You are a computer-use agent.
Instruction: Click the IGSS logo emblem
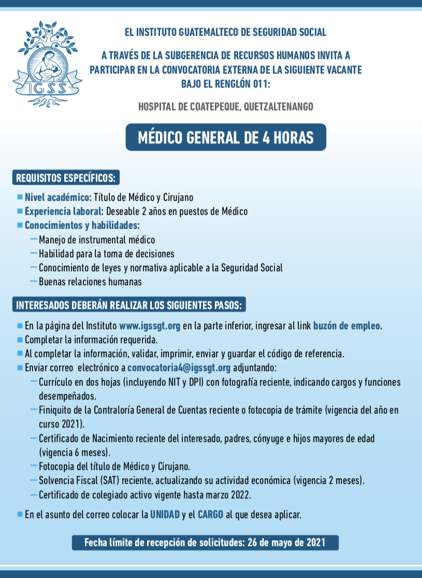point(47,64)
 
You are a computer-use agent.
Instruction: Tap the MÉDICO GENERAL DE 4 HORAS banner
point(226,138)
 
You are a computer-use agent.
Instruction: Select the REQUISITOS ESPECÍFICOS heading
point(66,178)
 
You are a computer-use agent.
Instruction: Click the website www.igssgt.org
point(149,327)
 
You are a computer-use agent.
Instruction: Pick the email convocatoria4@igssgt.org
point(179,368)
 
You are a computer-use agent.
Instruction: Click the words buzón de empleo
point(347,327)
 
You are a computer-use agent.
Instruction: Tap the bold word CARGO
point(210,515)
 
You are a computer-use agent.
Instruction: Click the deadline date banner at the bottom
point(205,542)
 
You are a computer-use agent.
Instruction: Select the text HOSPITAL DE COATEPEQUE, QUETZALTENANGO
point(226,107)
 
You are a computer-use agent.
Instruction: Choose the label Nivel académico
point(58,197)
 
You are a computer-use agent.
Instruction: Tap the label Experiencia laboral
point(65,211)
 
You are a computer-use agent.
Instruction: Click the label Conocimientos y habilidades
point(82,226)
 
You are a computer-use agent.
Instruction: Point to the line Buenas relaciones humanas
point(90,282)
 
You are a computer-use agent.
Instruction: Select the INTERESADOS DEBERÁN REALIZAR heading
point(129,305)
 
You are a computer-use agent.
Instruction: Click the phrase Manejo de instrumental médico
point(97,240)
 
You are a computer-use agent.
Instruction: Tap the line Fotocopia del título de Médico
point(114,465)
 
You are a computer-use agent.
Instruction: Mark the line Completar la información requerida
point(91,340)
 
